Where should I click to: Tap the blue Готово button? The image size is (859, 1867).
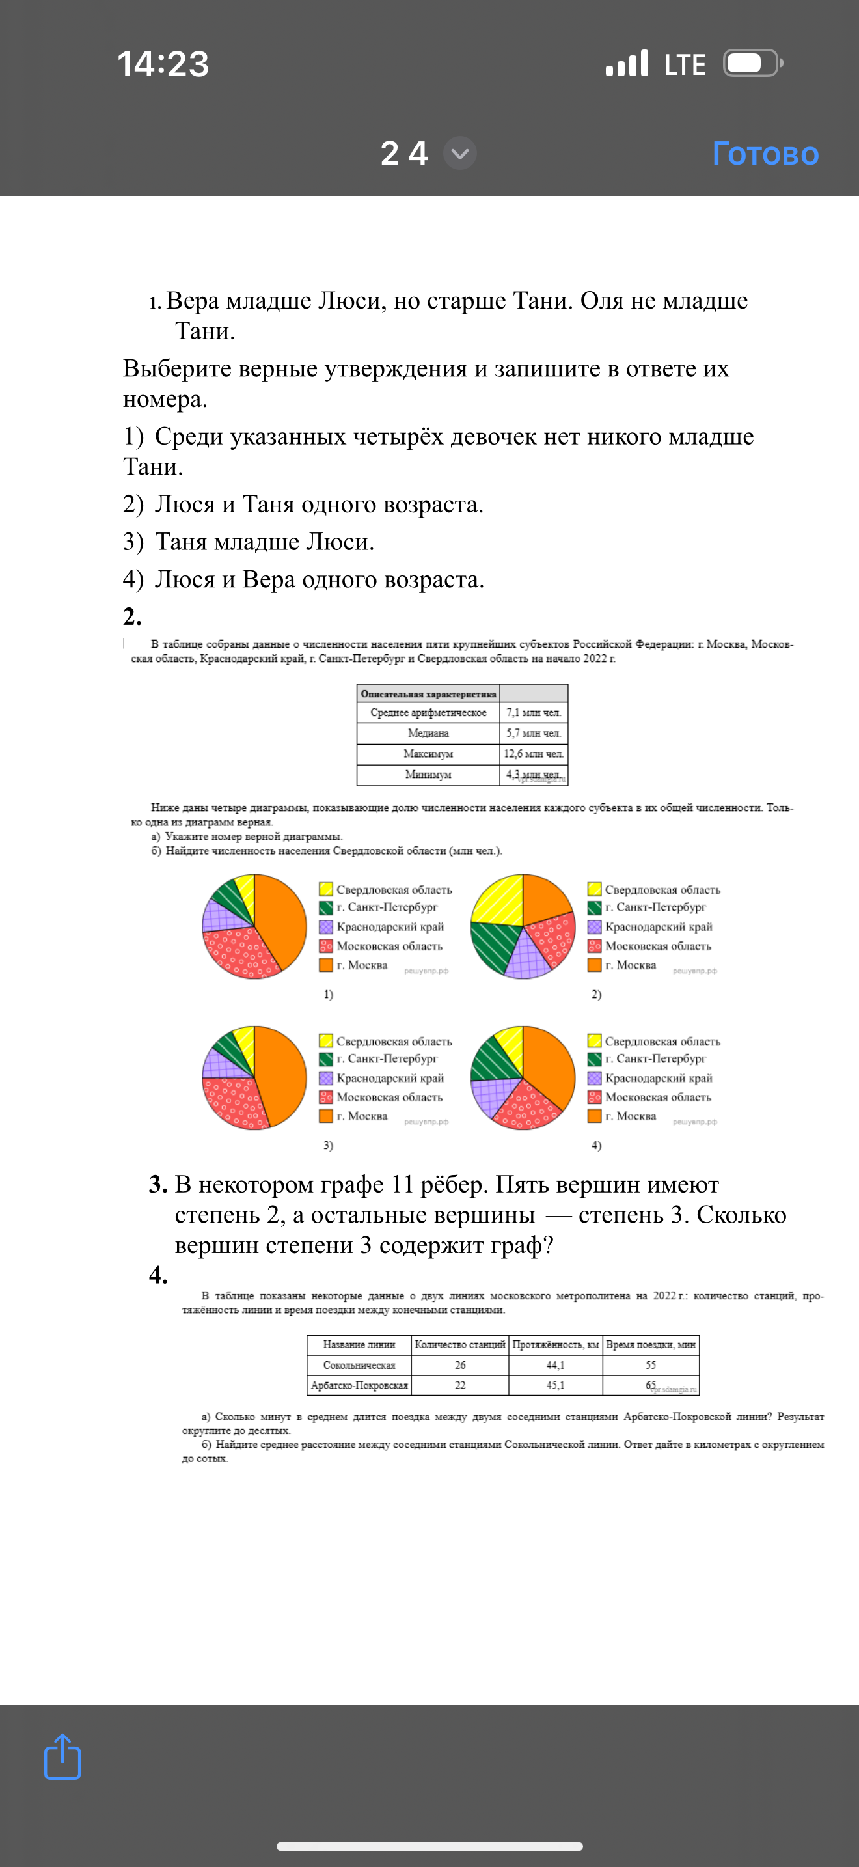[765, 154]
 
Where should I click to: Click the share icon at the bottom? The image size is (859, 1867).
[62, 1756]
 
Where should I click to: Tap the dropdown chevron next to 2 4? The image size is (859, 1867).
[460, 154]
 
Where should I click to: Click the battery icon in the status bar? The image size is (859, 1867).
[752, 64]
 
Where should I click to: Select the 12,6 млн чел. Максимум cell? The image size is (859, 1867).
[534, 754]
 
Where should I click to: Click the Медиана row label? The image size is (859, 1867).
[428, 734]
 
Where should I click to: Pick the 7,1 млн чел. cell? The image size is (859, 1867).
[534, 712]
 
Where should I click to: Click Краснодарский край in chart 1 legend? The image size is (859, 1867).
[390, 926]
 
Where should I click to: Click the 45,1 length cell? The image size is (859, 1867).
[556, 1385]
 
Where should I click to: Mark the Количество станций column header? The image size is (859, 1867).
[460, 1344]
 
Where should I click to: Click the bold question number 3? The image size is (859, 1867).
[158, 1184]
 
